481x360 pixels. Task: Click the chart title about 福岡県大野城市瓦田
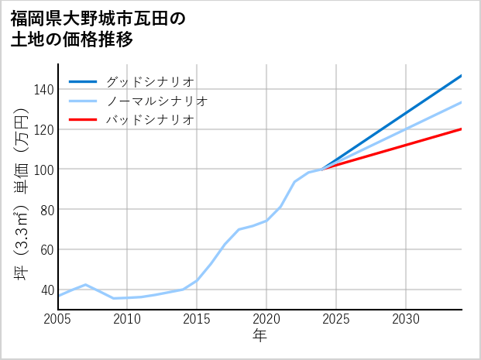[x=98, y=29]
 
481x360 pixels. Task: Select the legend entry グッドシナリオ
[x=149, y=81]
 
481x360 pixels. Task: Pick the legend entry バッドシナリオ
[x=149, y=120]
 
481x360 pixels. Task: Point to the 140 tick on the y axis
[x=43, y=89]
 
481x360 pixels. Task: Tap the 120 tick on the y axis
[x=43, y=129]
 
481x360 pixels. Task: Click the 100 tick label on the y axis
[x=43, y=170]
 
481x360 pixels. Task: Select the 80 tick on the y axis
[x=46, y=210]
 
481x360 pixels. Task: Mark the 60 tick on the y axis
[x=46, y=250]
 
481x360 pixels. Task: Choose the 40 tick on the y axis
[x=46, y=290]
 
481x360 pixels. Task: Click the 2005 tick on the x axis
[x=58, y=319]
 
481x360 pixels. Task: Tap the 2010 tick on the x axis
[x=127, y=319]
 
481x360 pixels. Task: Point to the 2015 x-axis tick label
[x=197, y=319]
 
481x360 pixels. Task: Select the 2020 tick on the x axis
[x=266, y=319]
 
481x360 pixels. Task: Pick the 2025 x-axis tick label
[x=336, y=319]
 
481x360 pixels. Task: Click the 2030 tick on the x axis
[x=406, y=319]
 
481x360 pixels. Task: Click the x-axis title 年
[x=259, y=335]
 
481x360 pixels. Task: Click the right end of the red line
[x=461, y=129]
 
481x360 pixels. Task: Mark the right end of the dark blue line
[x=461, y=76]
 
